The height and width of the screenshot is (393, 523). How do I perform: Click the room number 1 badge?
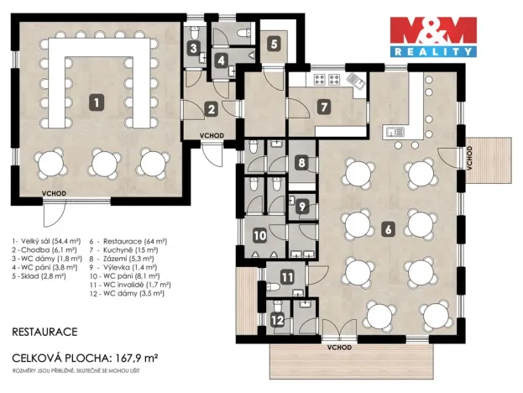98,102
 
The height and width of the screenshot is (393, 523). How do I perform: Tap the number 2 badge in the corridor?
211,107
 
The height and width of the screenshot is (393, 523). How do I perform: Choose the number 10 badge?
259,237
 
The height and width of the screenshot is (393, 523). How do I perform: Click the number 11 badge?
287,277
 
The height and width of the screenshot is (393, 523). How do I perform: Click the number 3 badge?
193,49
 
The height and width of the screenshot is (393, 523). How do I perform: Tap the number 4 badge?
221,60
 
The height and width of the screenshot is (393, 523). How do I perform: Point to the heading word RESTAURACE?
46,332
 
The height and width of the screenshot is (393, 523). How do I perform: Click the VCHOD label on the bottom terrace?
340,346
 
